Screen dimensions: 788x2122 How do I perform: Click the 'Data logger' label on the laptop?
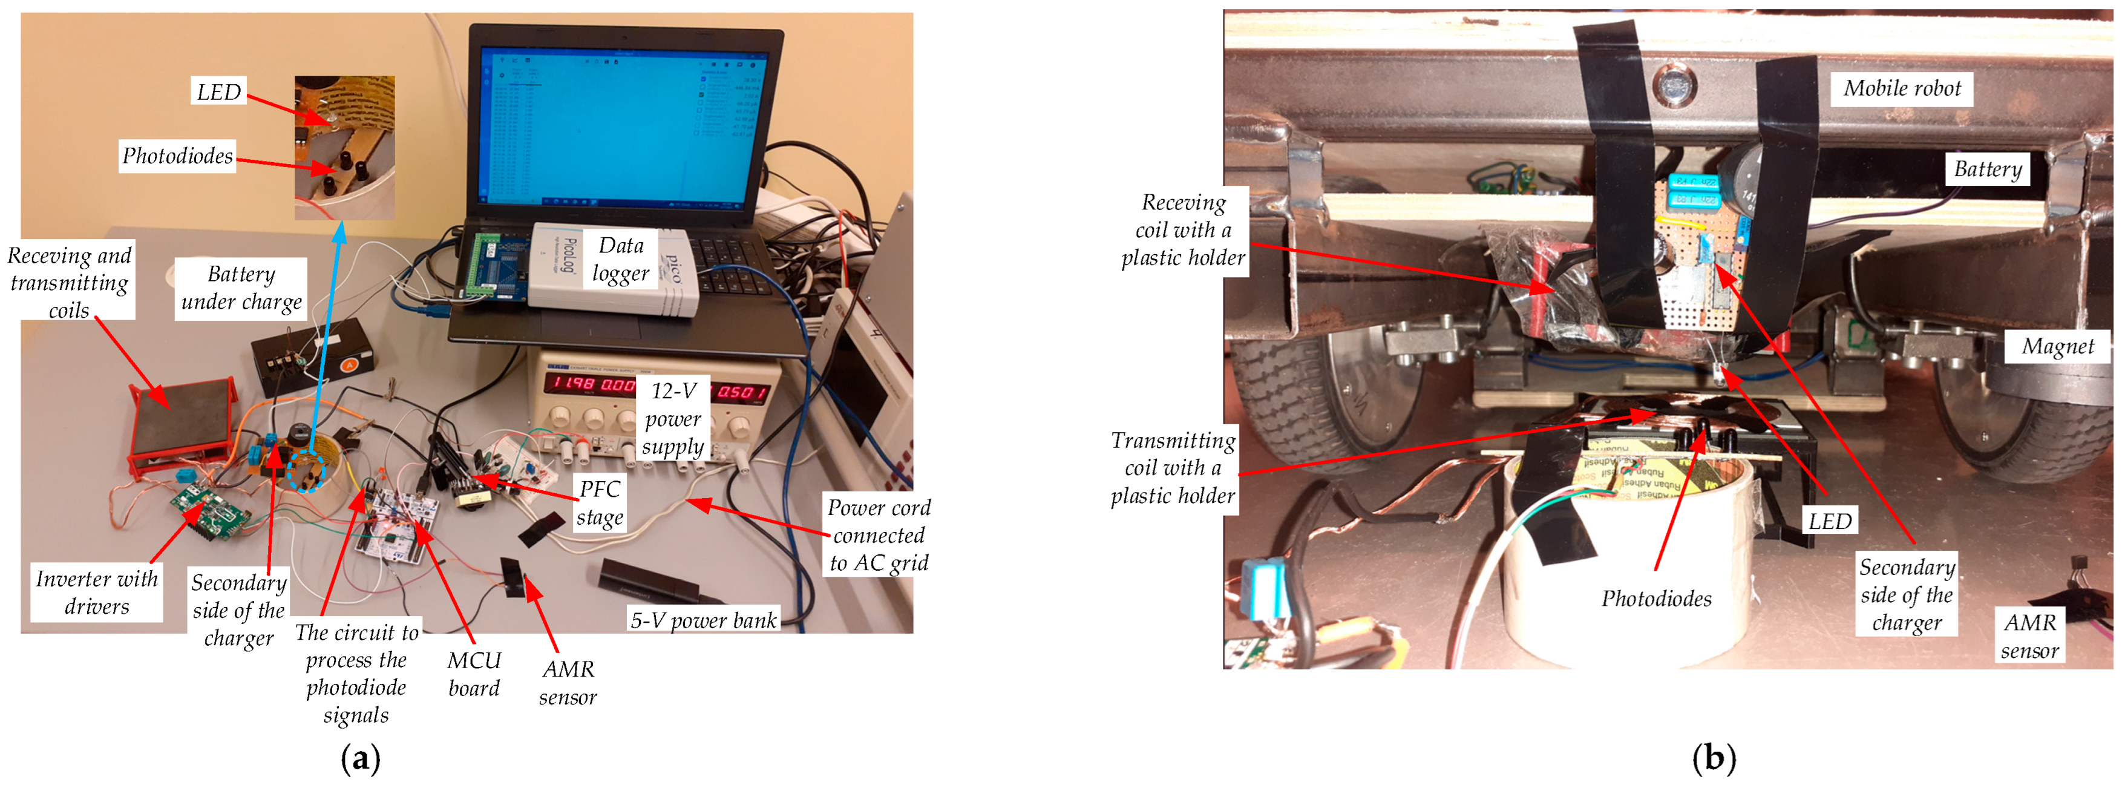(x=622, y=259)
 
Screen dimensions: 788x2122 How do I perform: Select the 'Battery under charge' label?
(x=241, y=287)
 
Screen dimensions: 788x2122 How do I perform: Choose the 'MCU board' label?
(x=474, y=674)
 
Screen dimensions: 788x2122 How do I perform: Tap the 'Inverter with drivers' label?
(x=96, y=592)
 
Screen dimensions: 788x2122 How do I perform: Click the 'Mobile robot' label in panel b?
(x=1901, y=88)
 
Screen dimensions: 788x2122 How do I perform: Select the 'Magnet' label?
(x=2057, y=346)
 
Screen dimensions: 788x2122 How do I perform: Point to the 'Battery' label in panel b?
(x=1987, y=169)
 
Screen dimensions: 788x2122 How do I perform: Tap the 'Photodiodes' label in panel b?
(x=1655, y=599)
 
